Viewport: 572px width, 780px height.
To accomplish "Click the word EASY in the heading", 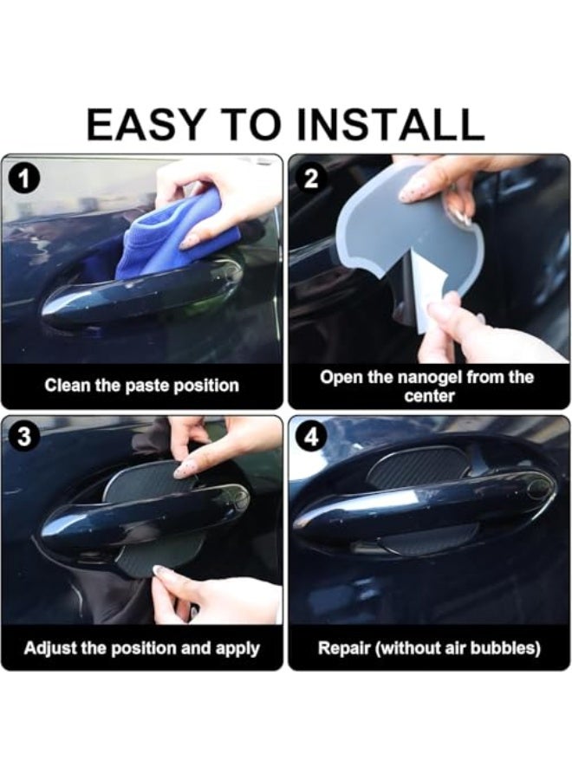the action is pyautogui.click(x=141, y=125).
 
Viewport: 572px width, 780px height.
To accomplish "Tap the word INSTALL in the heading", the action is pyautogui.click(x=390, y=125).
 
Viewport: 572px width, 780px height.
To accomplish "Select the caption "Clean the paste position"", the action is pyautogui.click(x=142, y=386).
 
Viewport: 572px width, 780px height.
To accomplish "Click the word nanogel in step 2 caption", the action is pyautogui.click(x=430, y=378).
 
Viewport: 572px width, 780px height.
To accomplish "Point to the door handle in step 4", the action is pyautogui.click(x=423, y=507).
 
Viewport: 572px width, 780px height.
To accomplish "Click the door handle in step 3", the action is pyautogui.click(x=144, y=523).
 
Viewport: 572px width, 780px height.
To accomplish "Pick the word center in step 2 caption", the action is pyautogui.click(x=430, y=396).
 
